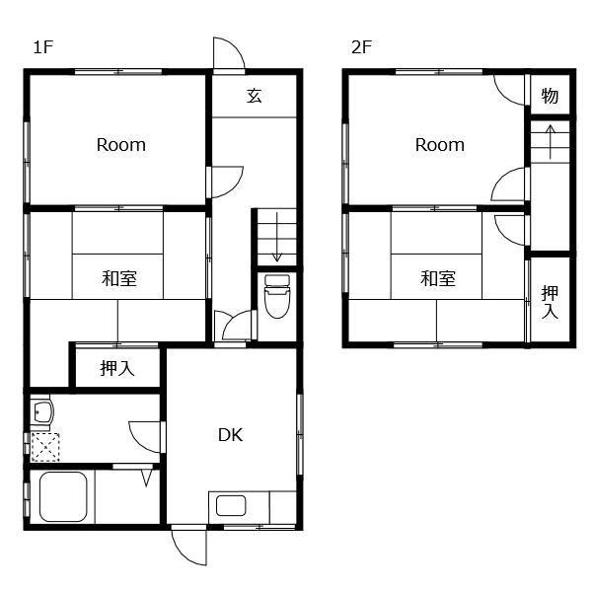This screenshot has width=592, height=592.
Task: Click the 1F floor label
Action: [x=43, y=47]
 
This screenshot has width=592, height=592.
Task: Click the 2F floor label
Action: [x=361, y=47]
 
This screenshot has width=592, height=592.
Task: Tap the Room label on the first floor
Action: [x=121, y=145]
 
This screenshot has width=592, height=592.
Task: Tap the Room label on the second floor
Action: [x=440, y=145]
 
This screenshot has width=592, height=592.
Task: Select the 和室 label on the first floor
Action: [x=119, y=278]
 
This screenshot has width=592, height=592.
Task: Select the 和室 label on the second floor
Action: [x=438, y=278]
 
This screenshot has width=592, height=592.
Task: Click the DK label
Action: [x=230, y=435]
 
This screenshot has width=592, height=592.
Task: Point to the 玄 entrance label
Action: [x=255, y=95]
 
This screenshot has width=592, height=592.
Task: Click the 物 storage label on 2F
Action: [x=550, y=96]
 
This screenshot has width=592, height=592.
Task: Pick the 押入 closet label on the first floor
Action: [x=117, y=368]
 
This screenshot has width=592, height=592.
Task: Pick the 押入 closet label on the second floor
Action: [x=550, y=302]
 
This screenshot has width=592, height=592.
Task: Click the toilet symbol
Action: [x=277, y=296]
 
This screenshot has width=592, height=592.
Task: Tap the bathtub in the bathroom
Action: [x=63, y=496]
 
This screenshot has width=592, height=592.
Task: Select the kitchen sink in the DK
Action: [x=231, y=505]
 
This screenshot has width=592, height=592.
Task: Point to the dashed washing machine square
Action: [x=45, y=447]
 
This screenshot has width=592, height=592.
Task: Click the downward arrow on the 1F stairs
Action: [x=277, y=237]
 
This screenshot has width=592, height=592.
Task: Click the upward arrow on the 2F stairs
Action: [x=551, y=141]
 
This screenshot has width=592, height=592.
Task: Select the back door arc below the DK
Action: [x=182, y=555]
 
